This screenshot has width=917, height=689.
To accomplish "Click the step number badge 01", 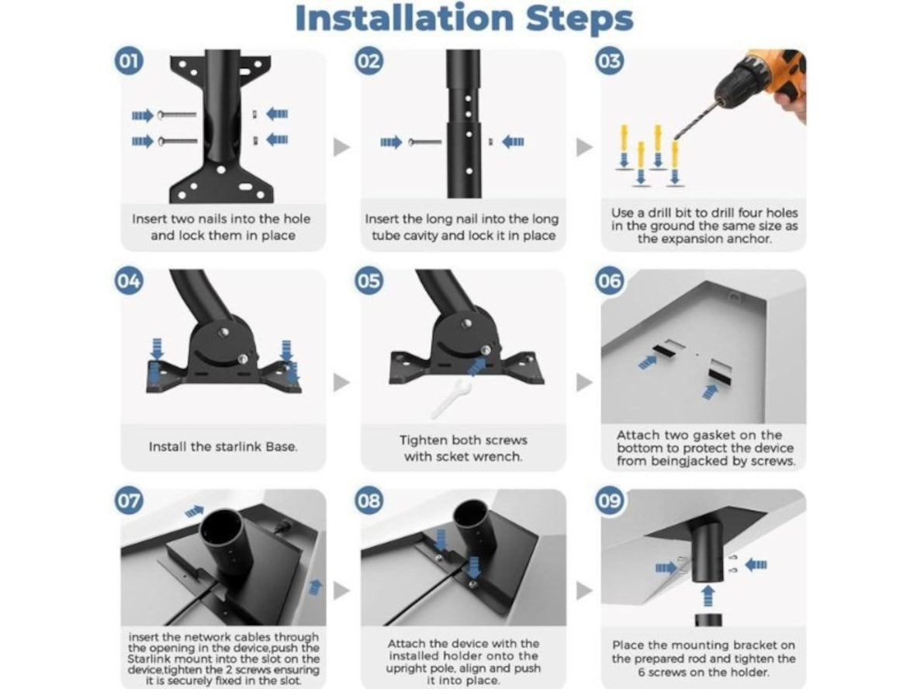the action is (x=129, y=61).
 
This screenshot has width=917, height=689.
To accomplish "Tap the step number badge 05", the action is (x=369, y=281).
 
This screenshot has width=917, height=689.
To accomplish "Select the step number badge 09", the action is (x=609, y=500).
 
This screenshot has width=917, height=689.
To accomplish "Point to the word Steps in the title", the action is (x=580, y=19).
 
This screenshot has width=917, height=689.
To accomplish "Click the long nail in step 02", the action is (x=426, y=141).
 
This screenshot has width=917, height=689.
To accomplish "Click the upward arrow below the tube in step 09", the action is (x=708, y=596).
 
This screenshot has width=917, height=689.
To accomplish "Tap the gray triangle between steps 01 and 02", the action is (x=341, y=147).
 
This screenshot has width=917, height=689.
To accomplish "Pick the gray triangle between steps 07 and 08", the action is (x=341, y=590).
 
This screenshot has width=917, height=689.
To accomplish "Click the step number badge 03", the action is (x=609, y=61).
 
